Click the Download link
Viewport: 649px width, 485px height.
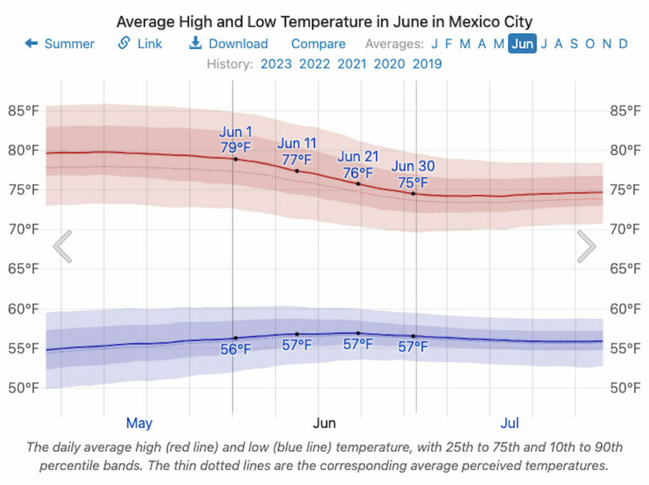click(229, 44)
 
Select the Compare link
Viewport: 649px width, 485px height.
click(318, 44)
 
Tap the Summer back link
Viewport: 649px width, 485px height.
click(60, 44)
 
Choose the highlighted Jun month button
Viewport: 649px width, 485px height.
click(522, 44)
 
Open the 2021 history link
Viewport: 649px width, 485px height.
click(352, 63)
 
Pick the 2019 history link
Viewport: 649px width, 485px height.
click(427, 63)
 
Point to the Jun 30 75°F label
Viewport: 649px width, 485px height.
click(413, 174)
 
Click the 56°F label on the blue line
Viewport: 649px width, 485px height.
click(236, 349)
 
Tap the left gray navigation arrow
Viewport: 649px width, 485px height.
click(62, 247)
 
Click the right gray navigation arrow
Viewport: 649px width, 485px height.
click(586, 247)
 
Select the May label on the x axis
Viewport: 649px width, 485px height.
click(139, 423)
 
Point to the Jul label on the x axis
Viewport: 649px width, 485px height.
click(510, 423)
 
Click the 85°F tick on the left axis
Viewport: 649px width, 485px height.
click(23, 111)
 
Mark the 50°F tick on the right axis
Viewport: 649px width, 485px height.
click(625, 387)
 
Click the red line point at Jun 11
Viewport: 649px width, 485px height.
click(297, 171)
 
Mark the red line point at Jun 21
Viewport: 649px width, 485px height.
click(358, 184)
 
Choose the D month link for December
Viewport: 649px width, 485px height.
click(623, 44)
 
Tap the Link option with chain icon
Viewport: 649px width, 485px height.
click(140, 44)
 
